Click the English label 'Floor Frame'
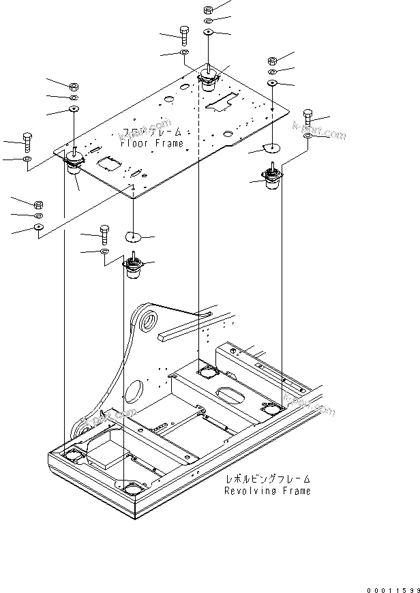pyautogui.click(x=151, y=144)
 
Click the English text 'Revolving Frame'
pyautogui.click(x=267, y=491)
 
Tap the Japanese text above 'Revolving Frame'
pyautogui.click(x=267, y=479)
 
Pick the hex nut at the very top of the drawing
pyautogui.click(x=209, y=10)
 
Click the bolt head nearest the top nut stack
pyautogui.click(x=185, y=32)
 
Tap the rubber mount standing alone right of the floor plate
pyautogui.click(x=275, y=181)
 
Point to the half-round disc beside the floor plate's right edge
pyautogui.click(x=273, y=148)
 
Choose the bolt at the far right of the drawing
pyautogui.click(x=307, y=118)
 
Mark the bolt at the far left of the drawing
pyautogui.click(x=27, y=142)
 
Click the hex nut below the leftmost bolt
pyautogui.click(x=39, y=203)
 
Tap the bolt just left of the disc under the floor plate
pyautogui.click(x=105, y=234)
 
